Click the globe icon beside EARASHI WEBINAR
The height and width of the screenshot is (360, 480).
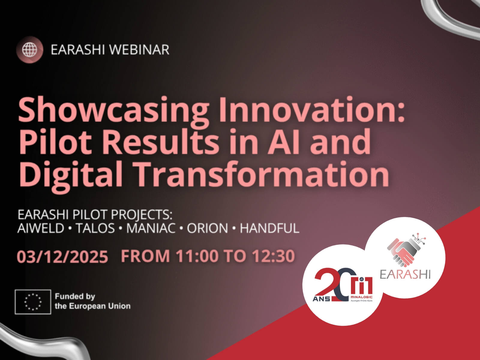pos(29,49)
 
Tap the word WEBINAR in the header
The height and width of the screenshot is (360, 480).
pos(139,49)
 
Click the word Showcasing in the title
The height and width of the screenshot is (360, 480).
pos(113,110)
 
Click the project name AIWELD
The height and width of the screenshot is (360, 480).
pos(41,228)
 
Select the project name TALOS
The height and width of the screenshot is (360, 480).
pos(95,228)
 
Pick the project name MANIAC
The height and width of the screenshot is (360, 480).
pos(151,228)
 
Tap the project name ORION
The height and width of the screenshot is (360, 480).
pos(207,228)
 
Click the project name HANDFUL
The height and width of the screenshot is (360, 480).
pos(270,228)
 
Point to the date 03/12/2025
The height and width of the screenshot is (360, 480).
pos(62,256)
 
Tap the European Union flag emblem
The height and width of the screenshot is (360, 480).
pos(33,302)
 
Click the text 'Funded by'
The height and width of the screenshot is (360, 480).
pos(75,297)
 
